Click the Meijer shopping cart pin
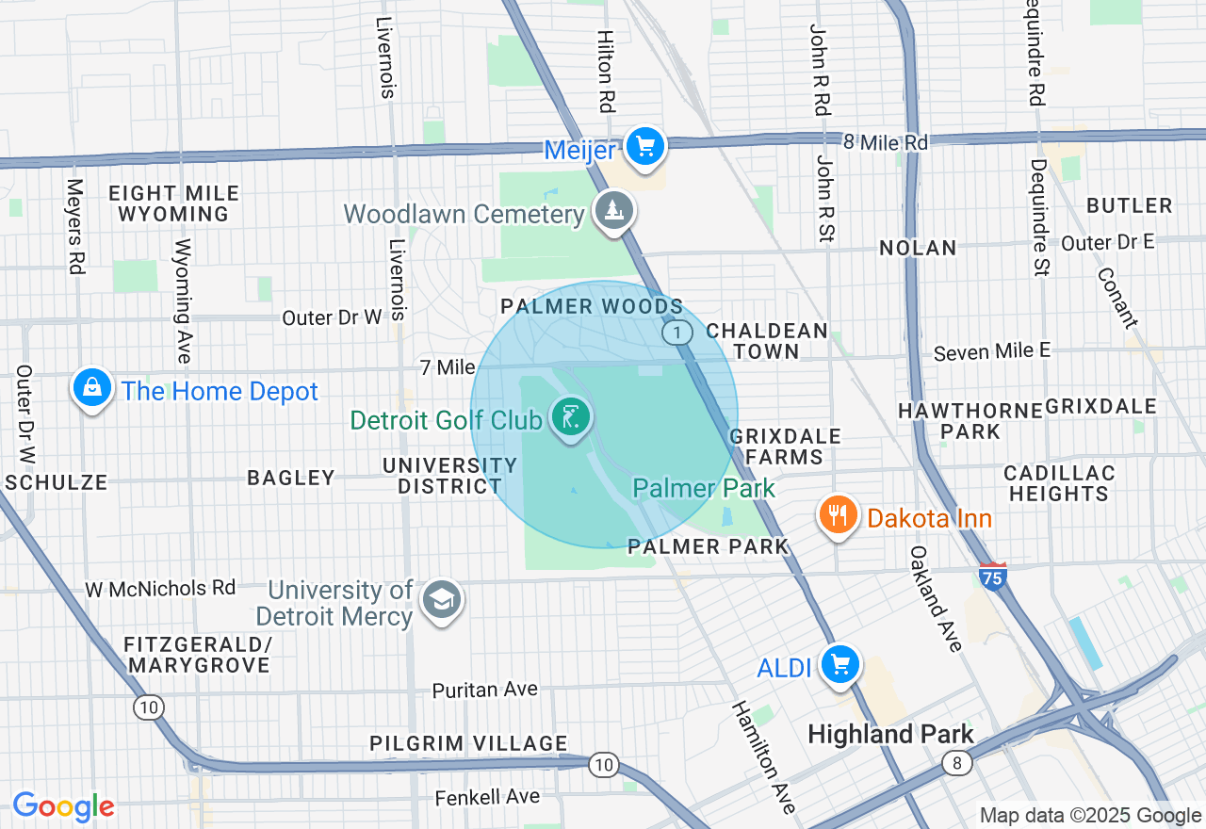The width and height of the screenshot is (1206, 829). [644, 147]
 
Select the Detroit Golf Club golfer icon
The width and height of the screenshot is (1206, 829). [570, 416]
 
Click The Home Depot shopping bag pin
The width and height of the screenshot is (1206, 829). [92, 388]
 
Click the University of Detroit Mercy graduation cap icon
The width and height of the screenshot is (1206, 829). [441, 599]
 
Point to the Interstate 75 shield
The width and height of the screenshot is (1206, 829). [991, 575]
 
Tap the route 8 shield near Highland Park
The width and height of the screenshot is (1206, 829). [958, 764]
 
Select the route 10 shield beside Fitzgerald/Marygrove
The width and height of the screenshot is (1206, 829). [148, 707]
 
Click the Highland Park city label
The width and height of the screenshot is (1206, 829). [890, 734]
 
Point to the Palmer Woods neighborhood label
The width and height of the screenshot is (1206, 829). [592, 307]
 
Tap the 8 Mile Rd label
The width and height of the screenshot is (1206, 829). [885, 142]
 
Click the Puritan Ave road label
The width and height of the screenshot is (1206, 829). [484, 690]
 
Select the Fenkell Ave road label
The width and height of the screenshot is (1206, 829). [487, 797]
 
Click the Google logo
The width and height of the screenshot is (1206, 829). [63, 806]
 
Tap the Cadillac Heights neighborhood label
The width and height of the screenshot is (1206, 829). [1059, 482]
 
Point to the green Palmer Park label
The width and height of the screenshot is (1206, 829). [703, 488]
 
